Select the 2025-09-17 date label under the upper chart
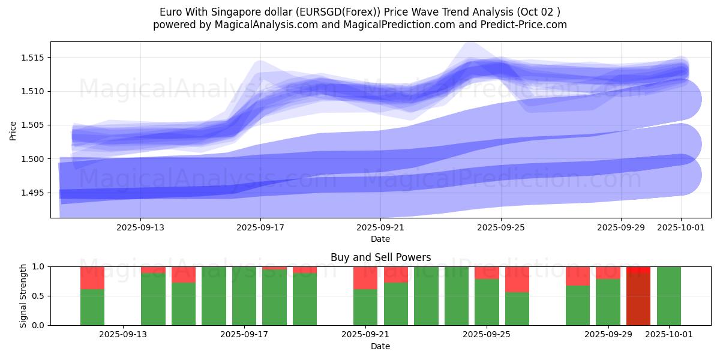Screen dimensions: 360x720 coord(260,227)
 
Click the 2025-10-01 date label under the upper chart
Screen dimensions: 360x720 coord(681,227)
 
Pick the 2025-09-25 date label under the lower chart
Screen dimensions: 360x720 coord(487,334)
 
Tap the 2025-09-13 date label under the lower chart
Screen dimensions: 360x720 coord(123,334)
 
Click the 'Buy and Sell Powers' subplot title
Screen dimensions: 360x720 coord(380,257)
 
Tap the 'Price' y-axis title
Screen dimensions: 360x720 coord(13,130)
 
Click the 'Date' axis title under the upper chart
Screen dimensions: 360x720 coord(380,239)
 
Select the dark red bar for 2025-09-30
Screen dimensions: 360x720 coord(638,299)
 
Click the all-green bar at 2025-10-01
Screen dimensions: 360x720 coord(669,296)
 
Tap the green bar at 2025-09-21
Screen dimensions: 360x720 coord(365,307)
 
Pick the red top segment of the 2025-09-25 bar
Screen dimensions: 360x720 coord(487,272)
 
